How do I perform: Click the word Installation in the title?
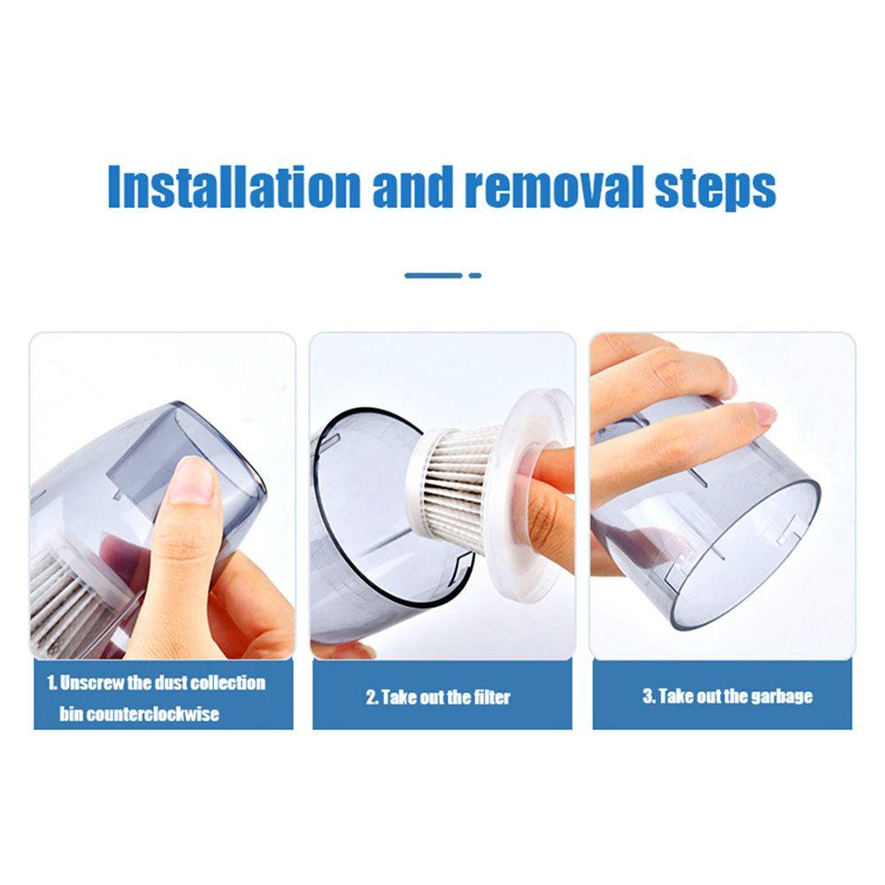click(234, 187)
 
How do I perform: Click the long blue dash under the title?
click(434, 275)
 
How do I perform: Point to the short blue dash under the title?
click(475, 275)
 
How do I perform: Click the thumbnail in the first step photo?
click(190, 481)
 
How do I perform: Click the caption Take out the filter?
click(439, 697)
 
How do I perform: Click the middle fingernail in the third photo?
click(762, 414)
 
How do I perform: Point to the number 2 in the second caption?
click(371, 697)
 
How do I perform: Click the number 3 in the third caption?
click(647, 696)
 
